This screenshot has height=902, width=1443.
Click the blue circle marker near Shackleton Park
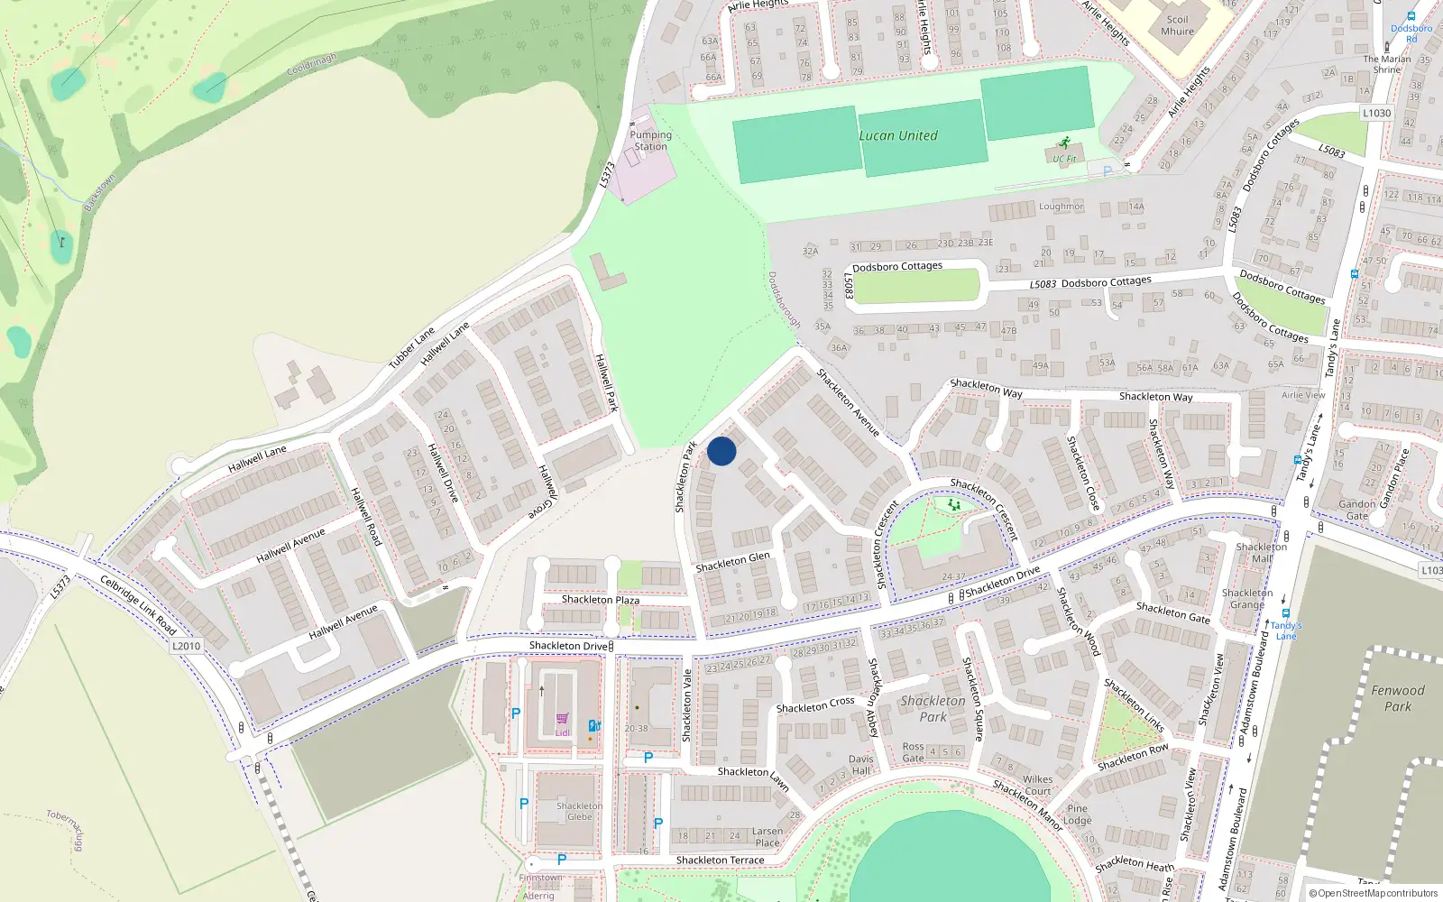(x=721, y=451)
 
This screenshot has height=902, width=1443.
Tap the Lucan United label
(x=897, y=135)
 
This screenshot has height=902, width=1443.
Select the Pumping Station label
(x=650, y=141)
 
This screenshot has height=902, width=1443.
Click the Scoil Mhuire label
(x=1177, y=25)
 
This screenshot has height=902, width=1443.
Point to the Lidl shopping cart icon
(x=563, y=719)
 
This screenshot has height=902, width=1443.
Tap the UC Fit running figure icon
(x=1065, y=143)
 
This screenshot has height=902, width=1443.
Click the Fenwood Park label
(x=1397, y=698)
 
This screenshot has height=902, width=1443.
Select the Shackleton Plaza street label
(x=600, y=600)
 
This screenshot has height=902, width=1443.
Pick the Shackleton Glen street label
(x=732, y=562)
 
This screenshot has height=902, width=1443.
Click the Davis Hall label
(x=860, y=765)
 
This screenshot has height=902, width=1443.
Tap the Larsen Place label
(x=767, y=837)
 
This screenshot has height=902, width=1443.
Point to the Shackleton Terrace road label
(x=720, y=861)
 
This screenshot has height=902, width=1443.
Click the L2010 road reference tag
(x=186, y=646)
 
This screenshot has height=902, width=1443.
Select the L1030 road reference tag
(x=1376, y=113)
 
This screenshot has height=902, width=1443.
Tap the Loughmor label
(x=1061, y=207)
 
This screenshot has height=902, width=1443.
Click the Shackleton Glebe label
(x=579, y=811)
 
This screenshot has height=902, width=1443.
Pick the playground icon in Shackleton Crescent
(x=953, y=505)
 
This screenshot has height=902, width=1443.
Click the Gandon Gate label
(x=1356, y=510)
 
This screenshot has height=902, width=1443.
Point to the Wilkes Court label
(x=1037, y=785)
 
